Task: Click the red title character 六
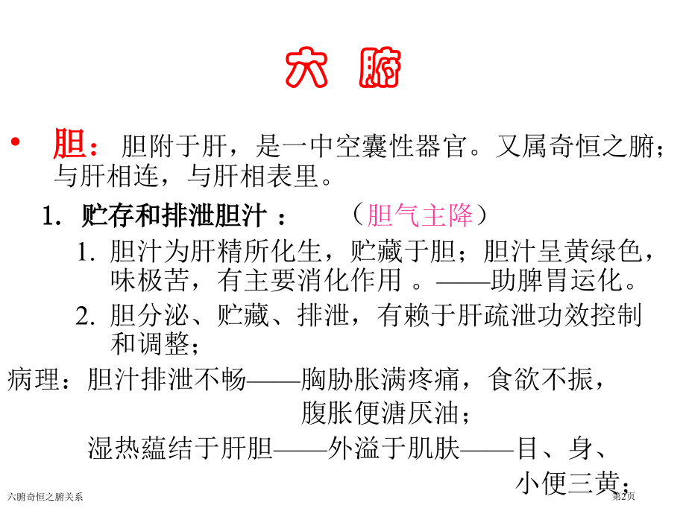click(x=306, y=68)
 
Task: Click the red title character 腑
click(x=380, y=68)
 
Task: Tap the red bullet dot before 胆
click(x=16, y=142)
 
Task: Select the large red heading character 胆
click(x=69, y=143)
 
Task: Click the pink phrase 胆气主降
click(x=420, y=215)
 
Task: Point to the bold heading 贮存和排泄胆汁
click(x=174, y=215)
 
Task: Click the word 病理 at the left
click(x=34, y=379)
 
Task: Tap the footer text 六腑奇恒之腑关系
click(x=45, y=497)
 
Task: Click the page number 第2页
click(x=623, y=496)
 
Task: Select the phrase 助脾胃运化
click(x=556, y=280)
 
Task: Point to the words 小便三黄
click(x=568, y=483)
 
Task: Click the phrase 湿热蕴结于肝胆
click(x=180, y=448)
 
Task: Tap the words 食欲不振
click(x=541, y=379)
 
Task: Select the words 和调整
click(x=150, y=344)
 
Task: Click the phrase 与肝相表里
click(x=253, y=176)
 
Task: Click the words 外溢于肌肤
click(x=394, y=448)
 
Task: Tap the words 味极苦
click(x=150, y=280)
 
